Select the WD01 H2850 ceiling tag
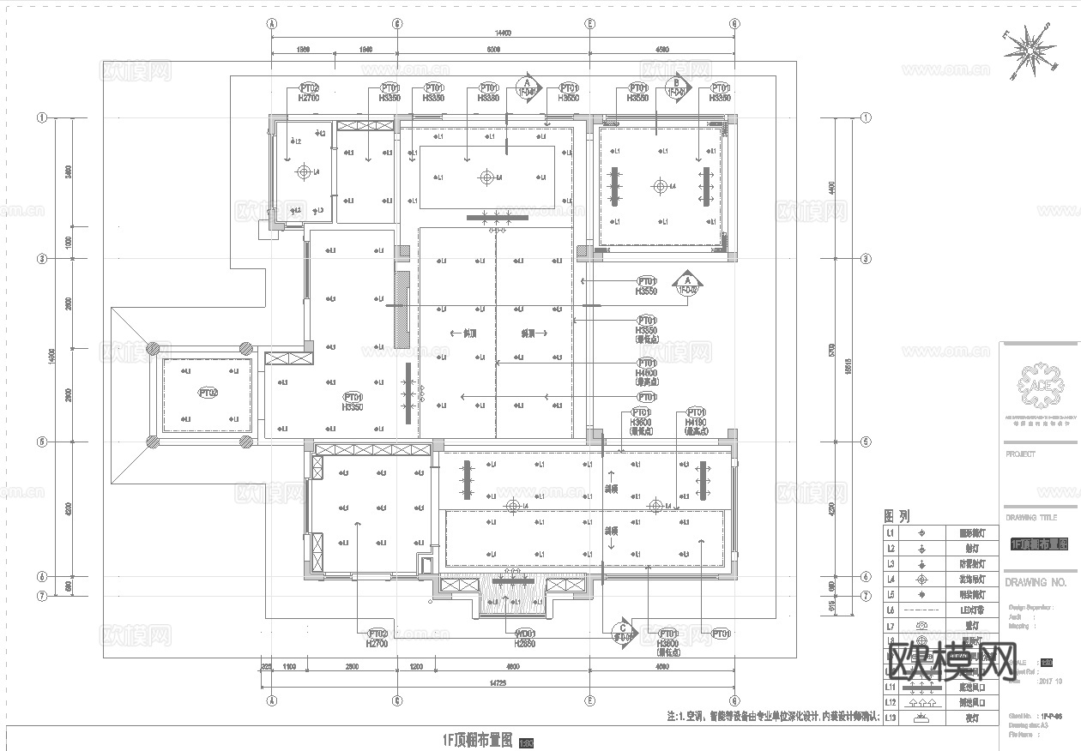click(525, 637)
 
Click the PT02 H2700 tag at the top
click(309, 93)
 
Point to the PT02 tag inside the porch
click(208, 393)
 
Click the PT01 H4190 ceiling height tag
click(696, 418)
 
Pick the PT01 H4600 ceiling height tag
click(646, 368)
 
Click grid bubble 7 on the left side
click(40, 595)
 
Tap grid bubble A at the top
click(272, 24)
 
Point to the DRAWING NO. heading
click(1036, 582)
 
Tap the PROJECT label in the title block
click(1020, 454)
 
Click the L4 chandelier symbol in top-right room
click(660, 186)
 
